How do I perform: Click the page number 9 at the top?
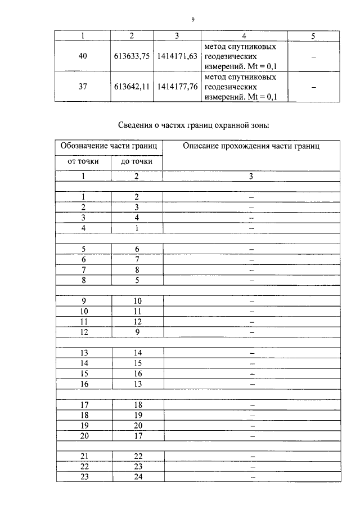192,19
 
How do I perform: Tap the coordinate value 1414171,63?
177,57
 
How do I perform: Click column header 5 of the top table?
313,36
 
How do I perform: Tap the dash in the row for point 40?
313,57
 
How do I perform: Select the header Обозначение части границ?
109,146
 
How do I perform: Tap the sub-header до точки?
136,162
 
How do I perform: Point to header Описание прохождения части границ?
251,146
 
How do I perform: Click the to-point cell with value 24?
136,477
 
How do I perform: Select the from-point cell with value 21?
84,456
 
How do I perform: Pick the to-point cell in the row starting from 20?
136,435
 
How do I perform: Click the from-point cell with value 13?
84,353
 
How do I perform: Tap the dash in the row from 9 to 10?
251,301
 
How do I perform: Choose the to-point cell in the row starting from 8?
136,280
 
